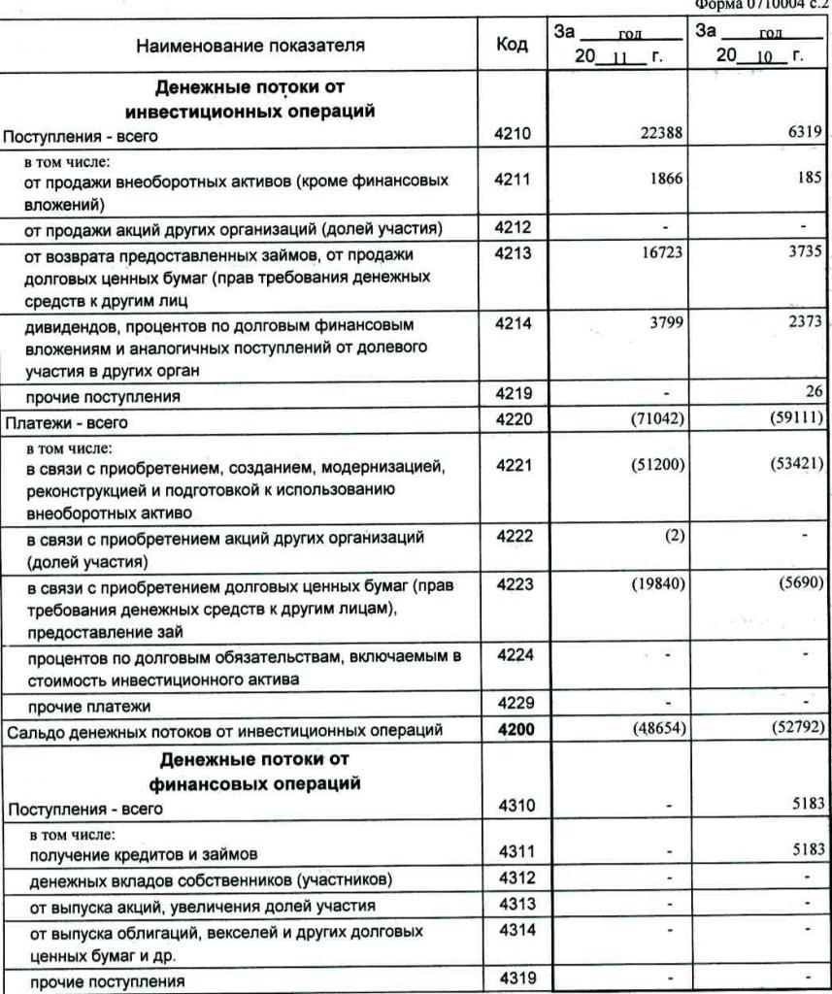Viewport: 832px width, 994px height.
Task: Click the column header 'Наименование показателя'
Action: click(x=250, y=45)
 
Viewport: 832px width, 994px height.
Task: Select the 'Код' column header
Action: click(x=512, y=45)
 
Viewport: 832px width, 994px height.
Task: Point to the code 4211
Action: click(x=512, y=180)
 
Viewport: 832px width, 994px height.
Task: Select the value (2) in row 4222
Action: click(x=675, y=537)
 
